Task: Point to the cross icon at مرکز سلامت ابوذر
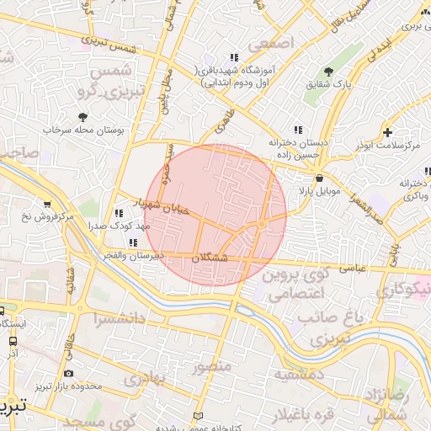tap(386, 132)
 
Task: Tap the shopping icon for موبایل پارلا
tap(319, 178)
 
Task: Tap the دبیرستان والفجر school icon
tap(132, 242)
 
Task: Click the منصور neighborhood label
tap(210, 367)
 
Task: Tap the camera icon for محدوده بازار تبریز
tap(68, 373)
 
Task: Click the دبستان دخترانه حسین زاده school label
tap(297, 149)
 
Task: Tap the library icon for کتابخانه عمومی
tap(198, 416)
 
